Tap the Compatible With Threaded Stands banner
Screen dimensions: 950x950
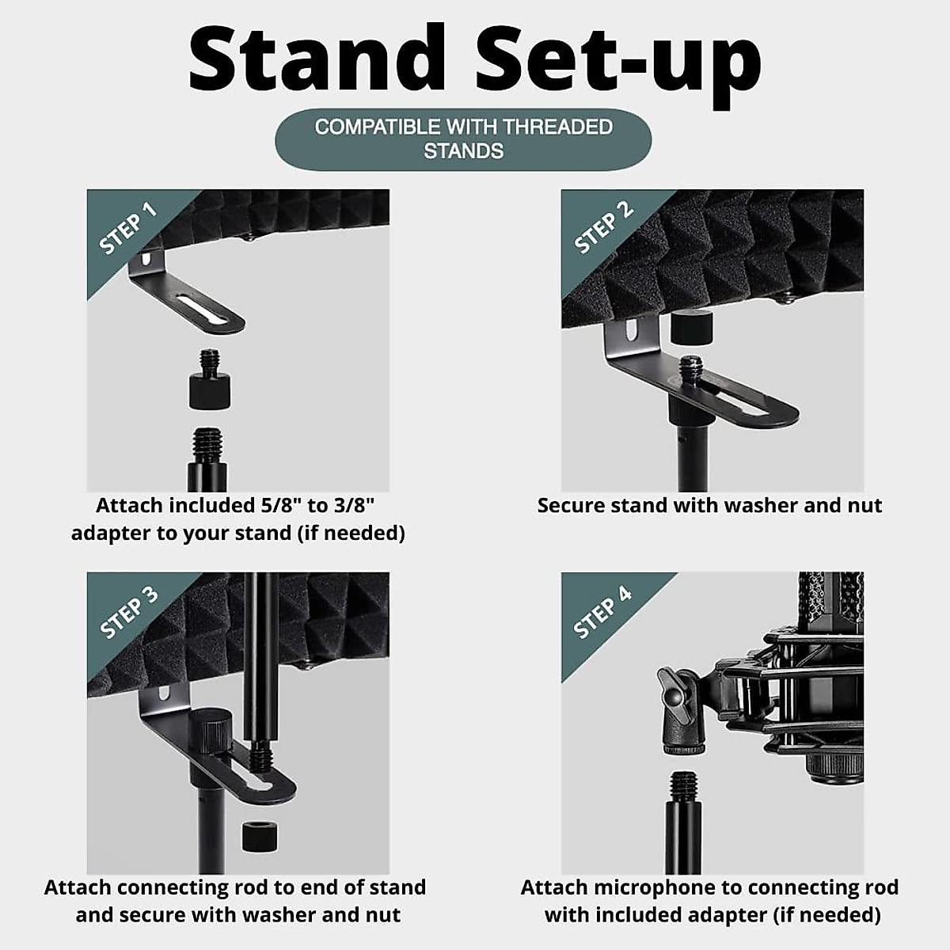pyautogui.click(x=463, y=139)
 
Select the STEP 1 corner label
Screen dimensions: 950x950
pyautogui.click(x=127, y=228)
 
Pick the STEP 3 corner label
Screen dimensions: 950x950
pyautogui.click(x=128, y=612)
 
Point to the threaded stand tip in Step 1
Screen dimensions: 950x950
pyautogui.click(x=207, y=445)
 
